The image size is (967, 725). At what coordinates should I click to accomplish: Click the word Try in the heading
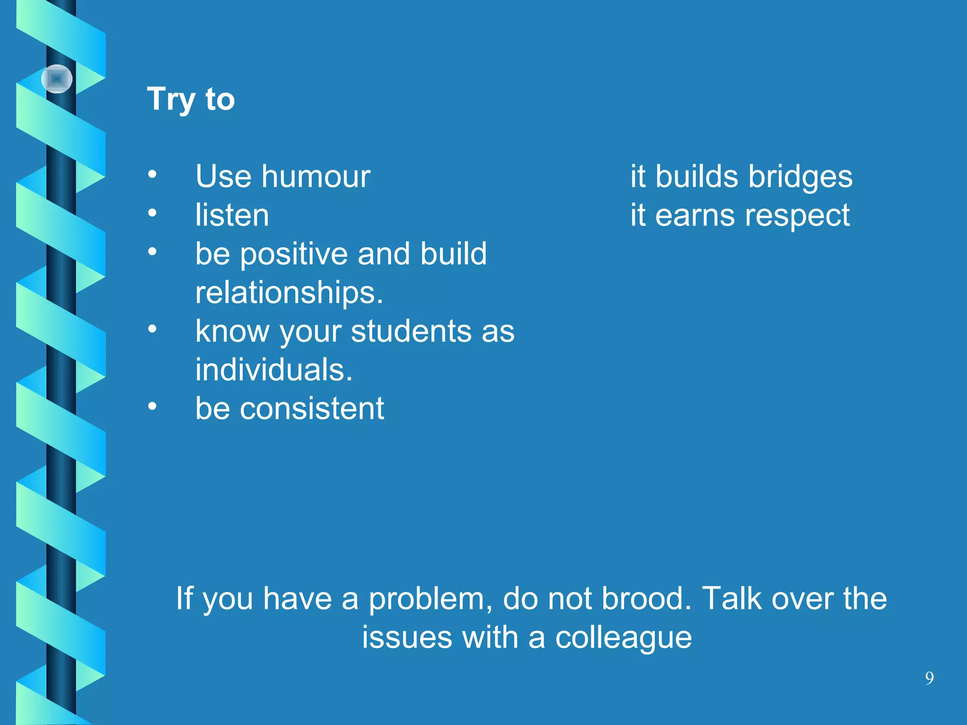(171, 100)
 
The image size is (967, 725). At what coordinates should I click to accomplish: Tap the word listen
(232, 215)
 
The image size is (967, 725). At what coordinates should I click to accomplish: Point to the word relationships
(288, 293)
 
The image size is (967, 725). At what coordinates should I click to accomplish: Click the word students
(411, 331)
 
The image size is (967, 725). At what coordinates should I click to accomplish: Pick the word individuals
(273, 370)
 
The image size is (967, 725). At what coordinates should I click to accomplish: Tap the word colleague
(623, 638)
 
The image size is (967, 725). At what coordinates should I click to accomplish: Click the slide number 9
(929, 678)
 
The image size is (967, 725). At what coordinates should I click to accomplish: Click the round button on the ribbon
(57, 79)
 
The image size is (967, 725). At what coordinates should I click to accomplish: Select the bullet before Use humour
(152, 174)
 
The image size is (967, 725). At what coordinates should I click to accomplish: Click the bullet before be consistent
(152, 406)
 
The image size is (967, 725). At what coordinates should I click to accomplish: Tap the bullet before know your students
(152, 329)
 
